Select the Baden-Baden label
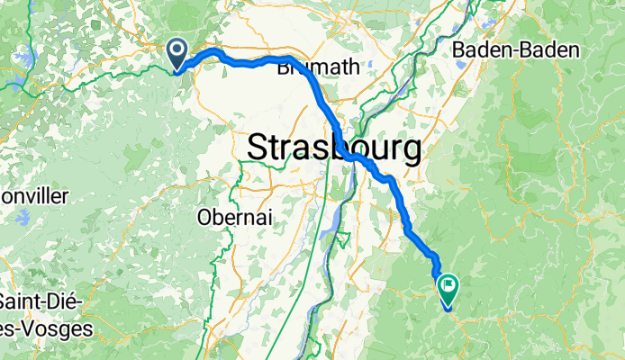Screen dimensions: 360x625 click(515, 50)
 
